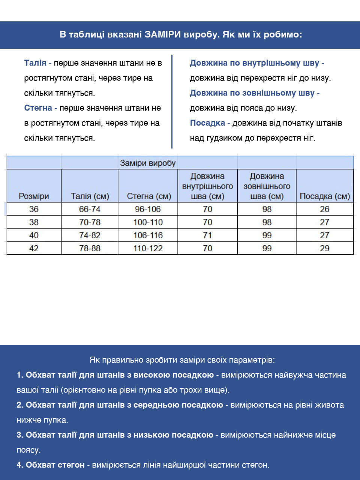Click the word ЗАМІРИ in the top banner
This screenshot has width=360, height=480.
pyautogui.click(x=163, y=34)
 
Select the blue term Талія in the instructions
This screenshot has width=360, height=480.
pyautogui.click(x=35, y=63)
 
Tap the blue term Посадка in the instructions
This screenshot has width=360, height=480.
pyautogui.click(x=207, y=123)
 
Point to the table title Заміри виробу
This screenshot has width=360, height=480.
pyautogui.click(x=148, y=163)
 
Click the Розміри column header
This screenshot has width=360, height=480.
pyautogui.click(x=34, y=196)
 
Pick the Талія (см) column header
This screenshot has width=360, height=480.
pyautogui.click(x=90, y=196)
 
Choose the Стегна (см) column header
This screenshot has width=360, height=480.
pyautogui.click(x=148, y=196)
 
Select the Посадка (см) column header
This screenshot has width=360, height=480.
pyautogui.click(x=325, y=196)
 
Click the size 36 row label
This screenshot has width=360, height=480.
pyautogui.click(x=34, y=209)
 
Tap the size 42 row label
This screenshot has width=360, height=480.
pyautogui.click(x=34, y=248)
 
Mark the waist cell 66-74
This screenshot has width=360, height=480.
pyautogui.click(x=90, y=209)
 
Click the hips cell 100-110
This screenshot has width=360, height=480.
pyautogui.click(x=148, y=222)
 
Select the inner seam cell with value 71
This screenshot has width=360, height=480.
pyautogui.click(x=207, y=235)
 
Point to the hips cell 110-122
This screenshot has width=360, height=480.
pyautogui.click(x=148, y=248)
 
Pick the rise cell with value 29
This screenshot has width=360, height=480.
pyautogui.click(x=325, y=248)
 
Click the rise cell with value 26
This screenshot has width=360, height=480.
pyautogui.click(x=325, y=209)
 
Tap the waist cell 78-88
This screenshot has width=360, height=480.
pyautogui.click(x=90, y=248)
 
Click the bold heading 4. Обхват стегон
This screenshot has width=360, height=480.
pyautogui.click(x=51, y=465)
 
